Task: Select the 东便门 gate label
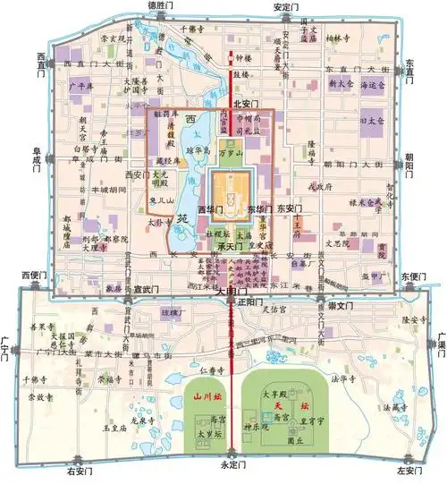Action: pos(411,276)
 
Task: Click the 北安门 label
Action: pos(244,103)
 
